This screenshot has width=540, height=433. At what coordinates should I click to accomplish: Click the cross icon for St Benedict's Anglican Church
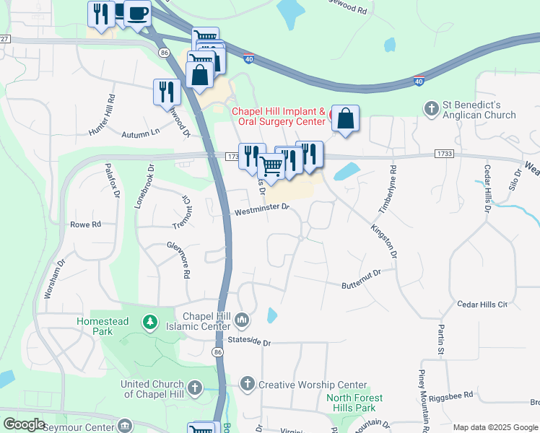[432, 108]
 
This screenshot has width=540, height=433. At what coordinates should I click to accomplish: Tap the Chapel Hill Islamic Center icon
[243, 319]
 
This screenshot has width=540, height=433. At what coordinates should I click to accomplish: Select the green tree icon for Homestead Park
[150, 321]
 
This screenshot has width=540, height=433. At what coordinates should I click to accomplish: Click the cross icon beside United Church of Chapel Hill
[194, 389]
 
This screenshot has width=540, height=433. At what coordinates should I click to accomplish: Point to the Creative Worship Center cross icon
[247, 385]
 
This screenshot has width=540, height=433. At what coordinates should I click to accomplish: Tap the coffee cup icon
[136, 12]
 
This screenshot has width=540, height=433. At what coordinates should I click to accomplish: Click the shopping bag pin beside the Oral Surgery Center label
[346, 117]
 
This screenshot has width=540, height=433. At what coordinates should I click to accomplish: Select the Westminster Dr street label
[261, 211]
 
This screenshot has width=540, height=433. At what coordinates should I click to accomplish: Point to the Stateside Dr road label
[248, 342]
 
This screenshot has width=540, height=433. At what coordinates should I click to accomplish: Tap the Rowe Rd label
[85, 224]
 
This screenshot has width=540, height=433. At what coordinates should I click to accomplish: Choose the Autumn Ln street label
[140, 134]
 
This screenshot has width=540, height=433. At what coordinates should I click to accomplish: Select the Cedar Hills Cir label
[483, 305]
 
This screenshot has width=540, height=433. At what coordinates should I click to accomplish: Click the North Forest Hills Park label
[354, 403]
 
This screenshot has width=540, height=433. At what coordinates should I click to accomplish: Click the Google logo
[24, 424]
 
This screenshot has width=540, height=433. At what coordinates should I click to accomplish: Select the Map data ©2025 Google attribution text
[495, 427]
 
